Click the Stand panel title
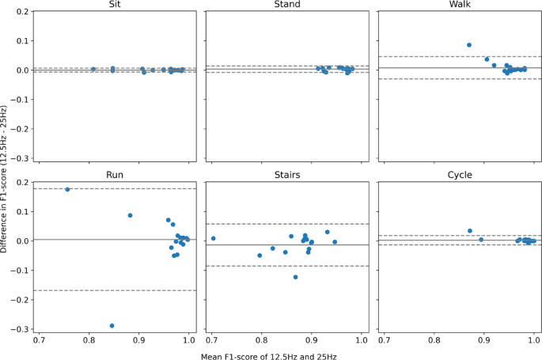[286, 5]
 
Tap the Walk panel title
[460, 5]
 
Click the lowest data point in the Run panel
[112, 325]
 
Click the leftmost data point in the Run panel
[67, 190]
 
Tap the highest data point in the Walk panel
[469, 45]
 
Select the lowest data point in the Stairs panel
[295, 277]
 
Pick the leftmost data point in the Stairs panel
[213, 238]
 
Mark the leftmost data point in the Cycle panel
[470, 231]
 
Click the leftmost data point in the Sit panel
[93, 69]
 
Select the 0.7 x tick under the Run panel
[40, 339]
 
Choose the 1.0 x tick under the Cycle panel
[534, 339]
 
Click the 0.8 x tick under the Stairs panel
[262, 339]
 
